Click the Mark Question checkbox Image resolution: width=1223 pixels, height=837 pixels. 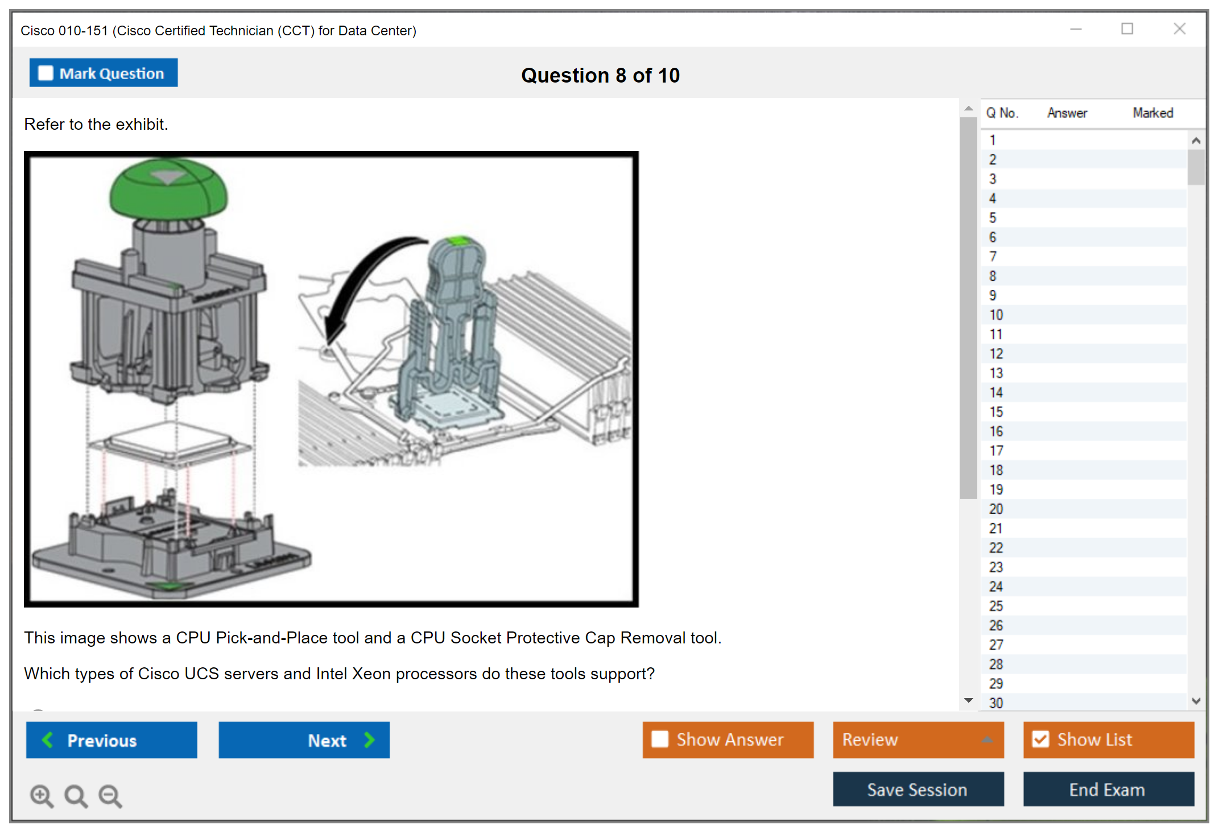(46, 73)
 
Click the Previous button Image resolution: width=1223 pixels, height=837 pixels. (111, 740)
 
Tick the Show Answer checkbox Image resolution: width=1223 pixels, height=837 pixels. (660, 739)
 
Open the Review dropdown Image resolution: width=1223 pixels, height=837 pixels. (918, 740)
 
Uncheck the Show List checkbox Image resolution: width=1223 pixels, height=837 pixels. (1041, 739)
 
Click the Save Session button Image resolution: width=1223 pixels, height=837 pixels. (918, 789)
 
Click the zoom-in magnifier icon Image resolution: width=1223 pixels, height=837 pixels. (42, 796)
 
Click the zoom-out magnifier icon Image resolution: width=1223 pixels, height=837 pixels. (110, 796)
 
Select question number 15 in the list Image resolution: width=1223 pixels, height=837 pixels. (996, 412)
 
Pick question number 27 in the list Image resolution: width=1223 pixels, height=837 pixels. (996, 645)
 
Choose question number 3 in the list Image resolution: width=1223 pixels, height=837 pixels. (993, 179)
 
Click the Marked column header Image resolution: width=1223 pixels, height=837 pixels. (1153, 113)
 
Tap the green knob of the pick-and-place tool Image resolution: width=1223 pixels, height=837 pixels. (168, 188)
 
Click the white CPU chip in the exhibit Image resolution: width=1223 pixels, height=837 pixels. (171, 442)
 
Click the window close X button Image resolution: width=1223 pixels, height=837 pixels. (1180, 28)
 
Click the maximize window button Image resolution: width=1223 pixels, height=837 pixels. (1127, 28)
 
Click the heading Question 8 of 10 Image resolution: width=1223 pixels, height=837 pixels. (600, 75)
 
